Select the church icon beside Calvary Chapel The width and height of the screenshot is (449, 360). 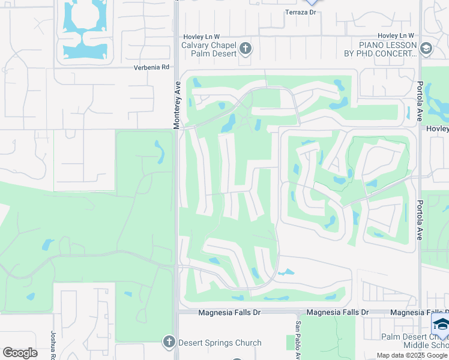point(245,48)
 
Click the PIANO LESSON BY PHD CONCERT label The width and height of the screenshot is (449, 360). point(388,49)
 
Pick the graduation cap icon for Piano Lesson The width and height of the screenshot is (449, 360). point(426,49)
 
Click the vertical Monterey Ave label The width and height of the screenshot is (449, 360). point(177,105)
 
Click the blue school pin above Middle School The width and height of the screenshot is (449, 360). point(440,325)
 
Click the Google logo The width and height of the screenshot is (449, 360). point(20,353)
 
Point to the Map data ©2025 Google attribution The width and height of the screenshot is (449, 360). point(412,355)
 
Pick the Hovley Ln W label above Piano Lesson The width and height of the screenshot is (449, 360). point(396,36)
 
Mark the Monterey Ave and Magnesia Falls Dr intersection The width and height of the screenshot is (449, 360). point(176,313)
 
